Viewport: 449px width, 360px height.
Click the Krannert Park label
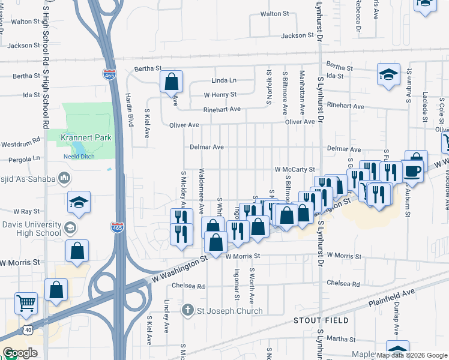(x=86, y=137)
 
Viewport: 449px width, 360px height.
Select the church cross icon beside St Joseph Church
(x=188, y=310)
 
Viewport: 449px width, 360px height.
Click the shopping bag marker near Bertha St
(x=171, y=81)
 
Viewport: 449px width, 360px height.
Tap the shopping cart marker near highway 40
(x=26, y=304)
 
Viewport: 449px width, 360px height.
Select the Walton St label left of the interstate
(x=25, y=22)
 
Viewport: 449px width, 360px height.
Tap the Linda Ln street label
(x=224, y=80)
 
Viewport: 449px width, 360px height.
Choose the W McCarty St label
(x=295, y=170)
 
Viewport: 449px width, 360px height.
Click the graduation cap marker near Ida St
(x=388, y=75)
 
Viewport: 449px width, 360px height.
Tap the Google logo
(x=20, y=353)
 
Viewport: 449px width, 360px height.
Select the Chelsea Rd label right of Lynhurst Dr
(x=343, y=283)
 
